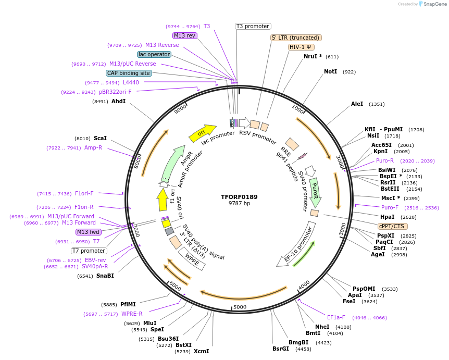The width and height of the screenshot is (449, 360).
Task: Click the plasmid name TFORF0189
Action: click(239, 197)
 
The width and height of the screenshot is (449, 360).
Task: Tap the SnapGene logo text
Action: click(434, 4)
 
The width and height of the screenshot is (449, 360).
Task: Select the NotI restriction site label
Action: click(330, 71)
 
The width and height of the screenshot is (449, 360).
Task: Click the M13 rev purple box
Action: click(184, 35)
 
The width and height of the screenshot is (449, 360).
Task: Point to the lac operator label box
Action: click(154, 54)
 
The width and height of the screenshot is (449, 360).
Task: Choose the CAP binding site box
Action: click(129, 73)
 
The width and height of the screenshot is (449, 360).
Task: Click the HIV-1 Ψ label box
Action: click(301, 47)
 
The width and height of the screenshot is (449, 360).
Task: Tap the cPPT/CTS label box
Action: click(393, 226)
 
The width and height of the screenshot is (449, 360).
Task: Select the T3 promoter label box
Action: click(253, 26)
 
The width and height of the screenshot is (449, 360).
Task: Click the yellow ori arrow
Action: click(202, 132)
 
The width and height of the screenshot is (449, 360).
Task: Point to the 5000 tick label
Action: click(240, 307)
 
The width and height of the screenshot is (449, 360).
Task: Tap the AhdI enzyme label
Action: click(118, 101)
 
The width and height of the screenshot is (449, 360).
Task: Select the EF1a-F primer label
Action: click(336, 317)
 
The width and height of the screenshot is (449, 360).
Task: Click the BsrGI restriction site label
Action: click(280, 349)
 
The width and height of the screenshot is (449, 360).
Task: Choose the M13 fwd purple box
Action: click(89, 232)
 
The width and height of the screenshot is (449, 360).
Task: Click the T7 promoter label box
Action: click(89, 251)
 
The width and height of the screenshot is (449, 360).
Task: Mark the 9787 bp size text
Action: click(239, 203)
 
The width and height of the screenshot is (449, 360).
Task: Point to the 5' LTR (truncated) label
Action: click(296, 38)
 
